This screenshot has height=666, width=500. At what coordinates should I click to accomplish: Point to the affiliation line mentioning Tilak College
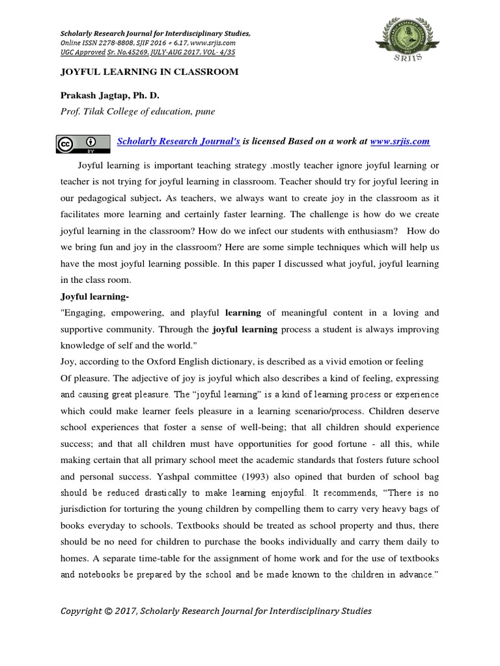point(137,111)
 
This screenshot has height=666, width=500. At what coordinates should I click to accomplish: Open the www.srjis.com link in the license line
point(400,141)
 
